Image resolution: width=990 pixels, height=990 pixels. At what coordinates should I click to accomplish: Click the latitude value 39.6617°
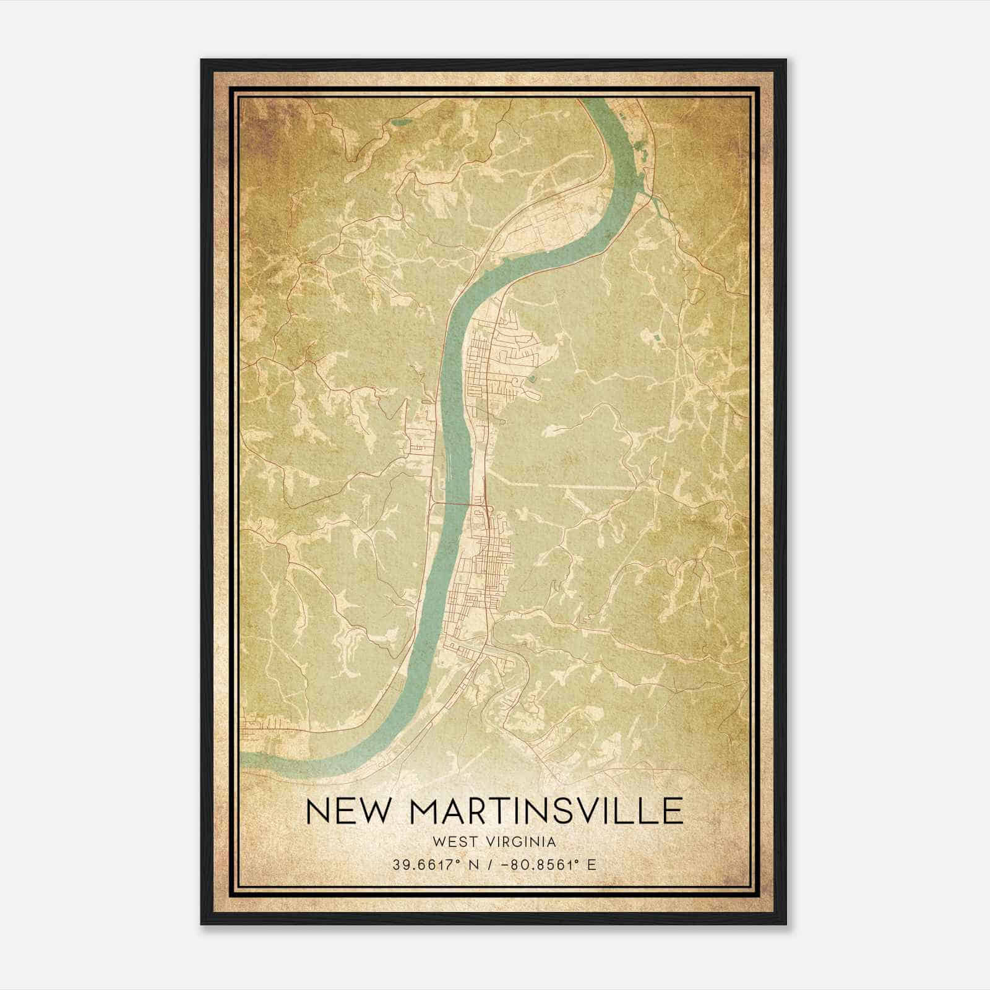click(420, 865)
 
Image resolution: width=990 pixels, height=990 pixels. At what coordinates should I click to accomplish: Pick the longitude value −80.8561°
click(536, 865)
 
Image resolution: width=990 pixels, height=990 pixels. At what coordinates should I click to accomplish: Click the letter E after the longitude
click(592, 865)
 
